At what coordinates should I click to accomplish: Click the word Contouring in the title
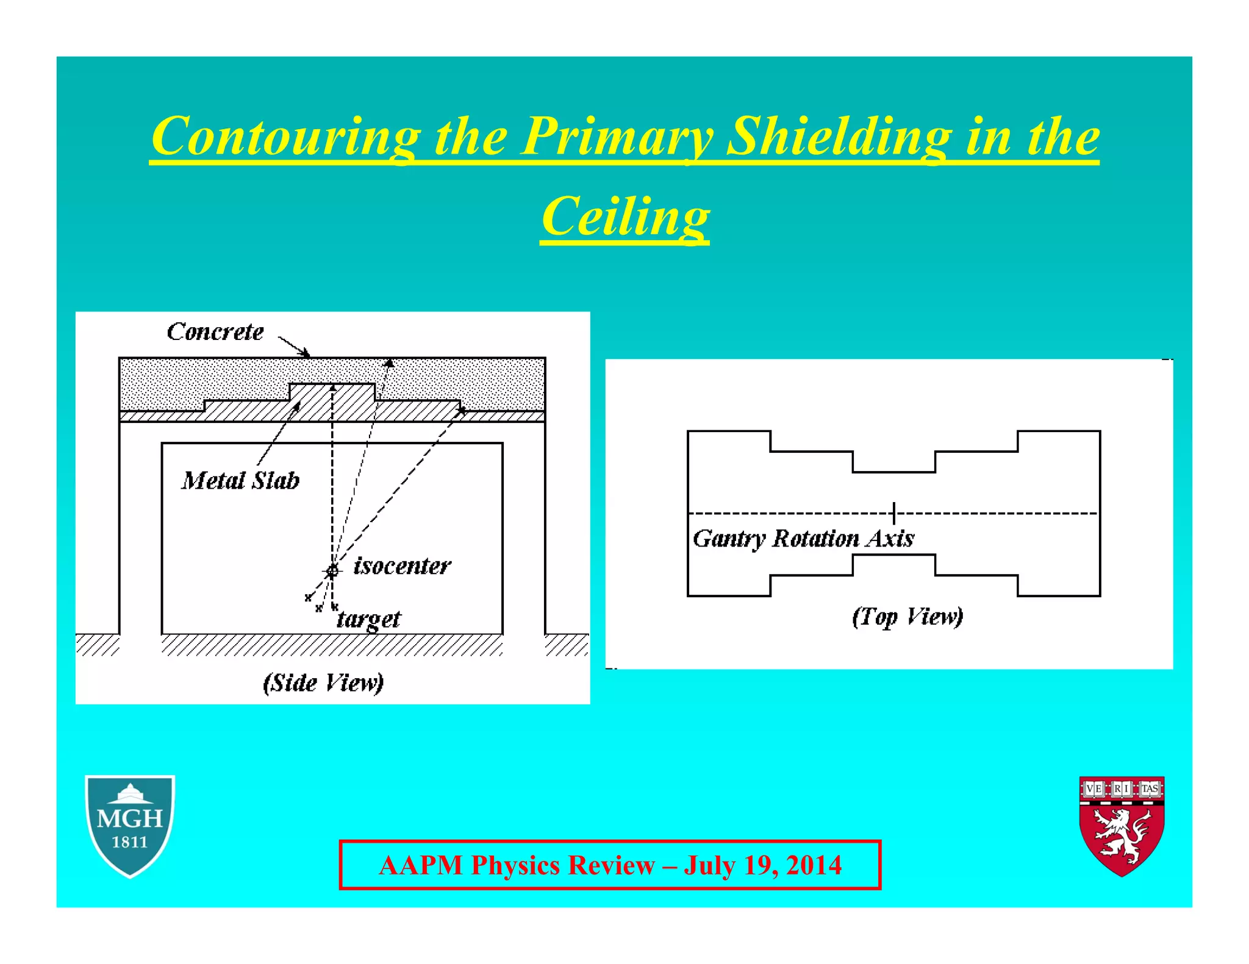(x=285, y=136)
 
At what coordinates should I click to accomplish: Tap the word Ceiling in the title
(x=625, y=218)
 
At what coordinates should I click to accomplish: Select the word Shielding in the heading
(x=839, y=136)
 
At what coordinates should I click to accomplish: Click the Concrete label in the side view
(x=215, y=332)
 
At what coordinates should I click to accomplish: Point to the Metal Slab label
(x=240, y=481)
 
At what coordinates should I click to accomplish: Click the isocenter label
(x=402, y=566)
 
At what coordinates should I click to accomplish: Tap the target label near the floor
(x=369, y=620)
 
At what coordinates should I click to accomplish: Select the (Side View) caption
(x=323, y=682)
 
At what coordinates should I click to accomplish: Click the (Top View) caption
(x=907, y=617)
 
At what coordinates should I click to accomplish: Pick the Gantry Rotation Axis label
(x=803, y=539)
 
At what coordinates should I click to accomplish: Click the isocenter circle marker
(x=332, y=571)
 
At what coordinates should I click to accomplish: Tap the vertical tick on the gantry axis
(x=893, y=513)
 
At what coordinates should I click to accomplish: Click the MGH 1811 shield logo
(x=130, y=825)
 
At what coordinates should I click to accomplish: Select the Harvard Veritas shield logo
(x=1122, y=826)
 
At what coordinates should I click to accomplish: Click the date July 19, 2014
(x=763, y=865)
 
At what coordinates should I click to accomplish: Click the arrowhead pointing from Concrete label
(x=305, y=353)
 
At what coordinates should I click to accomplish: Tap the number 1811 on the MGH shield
(x=130, y=843)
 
